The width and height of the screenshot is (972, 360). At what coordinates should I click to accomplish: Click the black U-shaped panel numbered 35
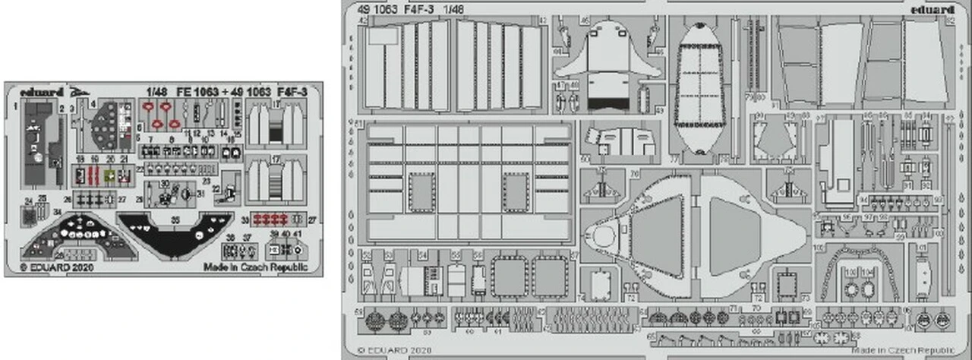[x=175, y=232]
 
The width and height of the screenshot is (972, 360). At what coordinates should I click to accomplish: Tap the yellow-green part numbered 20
[x=110, y=175]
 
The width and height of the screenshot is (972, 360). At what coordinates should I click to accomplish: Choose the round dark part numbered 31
[x=187, y=194]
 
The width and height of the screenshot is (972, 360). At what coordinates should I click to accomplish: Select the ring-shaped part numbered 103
[x=850, y=290]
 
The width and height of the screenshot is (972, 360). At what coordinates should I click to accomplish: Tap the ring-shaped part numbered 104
[x=870, y=290]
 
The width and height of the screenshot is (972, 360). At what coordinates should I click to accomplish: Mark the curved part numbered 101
[x=923, y=273]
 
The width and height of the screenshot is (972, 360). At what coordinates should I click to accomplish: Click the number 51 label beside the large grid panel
[x=358, y=123]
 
